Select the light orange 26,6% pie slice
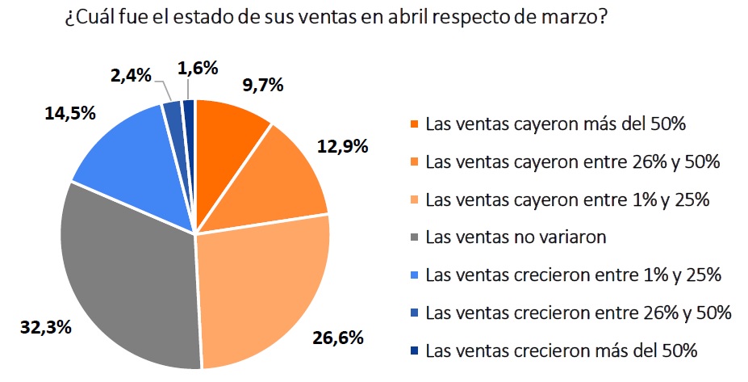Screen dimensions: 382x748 pyautogui.click(x=262, y=291)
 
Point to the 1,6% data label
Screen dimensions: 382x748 pyautogui.click(x=198, y=69)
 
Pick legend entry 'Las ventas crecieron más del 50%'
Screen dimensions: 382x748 pyautogui.click(x=561, y=350)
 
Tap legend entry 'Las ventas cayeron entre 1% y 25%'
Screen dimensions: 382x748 pyautogui.click(x=567, y=199)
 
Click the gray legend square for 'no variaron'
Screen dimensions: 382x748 pyautogui.click(x=413, y=237)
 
